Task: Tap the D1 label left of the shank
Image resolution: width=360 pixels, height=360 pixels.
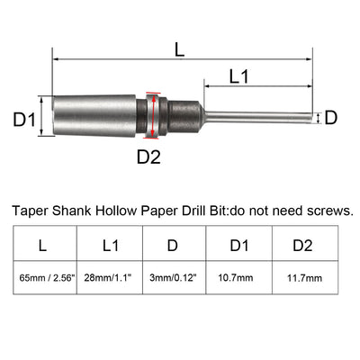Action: tap(23, 117)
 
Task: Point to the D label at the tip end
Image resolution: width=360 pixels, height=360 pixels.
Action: tap(331, 117)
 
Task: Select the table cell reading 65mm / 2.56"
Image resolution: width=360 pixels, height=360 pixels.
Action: tap(44, 280)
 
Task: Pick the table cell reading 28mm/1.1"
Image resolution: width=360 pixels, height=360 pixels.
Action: tap(109, 280)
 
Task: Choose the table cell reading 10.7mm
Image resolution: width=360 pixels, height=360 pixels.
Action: tap(239, 280)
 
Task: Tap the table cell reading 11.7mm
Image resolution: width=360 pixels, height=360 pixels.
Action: tap(304, 280)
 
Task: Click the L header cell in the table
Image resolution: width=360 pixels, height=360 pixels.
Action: tap(44, 243)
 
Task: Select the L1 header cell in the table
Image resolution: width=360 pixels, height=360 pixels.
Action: tap(109, 243)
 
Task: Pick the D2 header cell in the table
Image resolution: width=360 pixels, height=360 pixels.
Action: tap(304, 243)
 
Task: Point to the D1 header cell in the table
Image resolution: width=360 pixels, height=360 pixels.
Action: tap(239, 243)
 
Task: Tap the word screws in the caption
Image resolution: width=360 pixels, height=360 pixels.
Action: tap(328, 211)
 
